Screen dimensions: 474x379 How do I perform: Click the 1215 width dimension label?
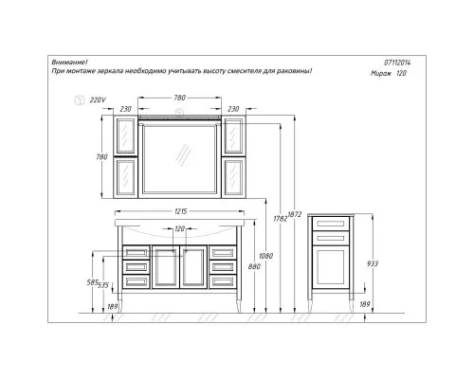click(181, 211)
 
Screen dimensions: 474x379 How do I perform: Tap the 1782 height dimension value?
click(281, 218)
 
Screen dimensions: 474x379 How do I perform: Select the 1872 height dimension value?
click(295, 214)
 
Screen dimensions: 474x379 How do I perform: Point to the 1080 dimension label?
click(265, 256)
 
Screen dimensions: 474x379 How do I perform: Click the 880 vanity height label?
click(254, 266)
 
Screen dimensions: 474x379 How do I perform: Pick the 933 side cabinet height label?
click(373, 263)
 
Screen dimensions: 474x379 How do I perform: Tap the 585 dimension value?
click(93, 282)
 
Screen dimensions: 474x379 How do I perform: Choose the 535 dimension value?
click(103, 285)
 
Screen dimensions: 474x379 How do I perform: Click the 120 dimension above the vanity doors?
click(180, 228)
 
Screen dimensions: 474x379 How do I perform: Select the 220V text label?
click(98, 100)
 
